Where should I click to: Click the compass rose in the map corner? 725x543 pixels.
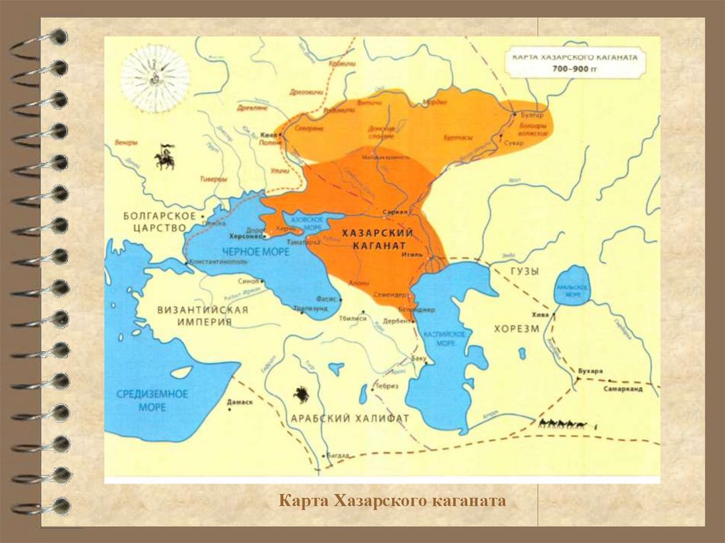coord(154,79)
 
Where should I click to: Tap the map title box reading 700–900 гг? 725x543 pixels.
coord(576,62)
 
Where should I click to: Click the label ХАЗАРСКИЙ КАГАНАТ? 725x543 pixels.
coord(377,239)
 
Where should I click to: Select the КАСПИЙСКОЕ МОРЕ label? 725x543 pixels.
coord(445,338)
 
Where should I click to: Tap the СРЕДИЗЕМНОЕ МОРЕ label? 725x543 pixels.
coord(152,401)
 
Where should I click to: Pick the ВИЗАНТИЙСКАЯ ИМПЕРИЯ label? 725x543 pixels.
coord(203,316)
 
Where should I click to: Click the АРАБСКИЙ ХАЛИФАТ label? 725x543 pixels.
coord(350,418)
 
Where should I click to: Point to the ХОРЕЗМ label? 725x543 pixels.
coord(517,329)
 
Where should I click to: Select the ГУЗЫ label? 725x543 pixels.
coord(524,271)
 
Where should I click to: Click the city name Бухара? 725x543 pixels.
coord(589,371)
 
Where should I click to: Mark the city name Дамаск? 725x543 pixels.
coord(239,402)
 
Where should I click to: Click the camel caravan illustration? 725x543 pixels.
coord(563,424)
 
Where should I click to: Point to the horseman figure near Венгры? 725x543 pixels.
coord(164,157)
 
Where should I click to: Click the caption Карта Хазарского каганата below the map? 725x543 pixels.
coord(392,502)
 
